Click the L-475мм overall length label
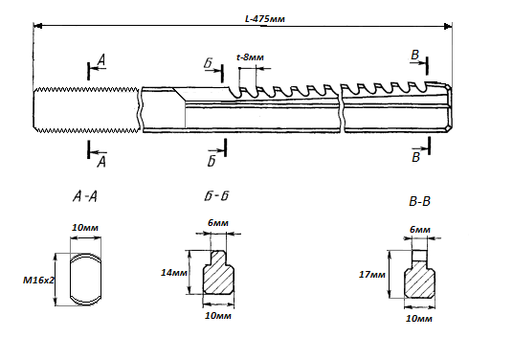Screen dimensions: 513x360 tap(265, 19)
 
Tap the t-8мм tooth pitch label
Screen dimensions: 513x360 tap(250, 57)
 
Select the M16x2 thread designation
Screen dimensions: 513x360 tap(38, 281)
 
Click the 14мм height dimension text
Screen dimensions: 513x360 tap(174, 272)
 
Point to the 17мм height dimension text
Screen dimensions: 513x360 tap(372, 274)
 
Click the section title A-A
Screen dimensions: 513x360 tap(85, 196)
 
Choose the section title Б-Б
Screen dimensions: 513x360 tap(216, 195)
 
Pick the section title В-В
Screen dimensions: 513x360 tap(419, 201)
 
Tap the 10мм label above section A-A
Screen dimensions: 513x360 tap(85, 228)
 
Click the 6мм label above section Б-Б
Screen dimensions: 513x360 tap(218, 223)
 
